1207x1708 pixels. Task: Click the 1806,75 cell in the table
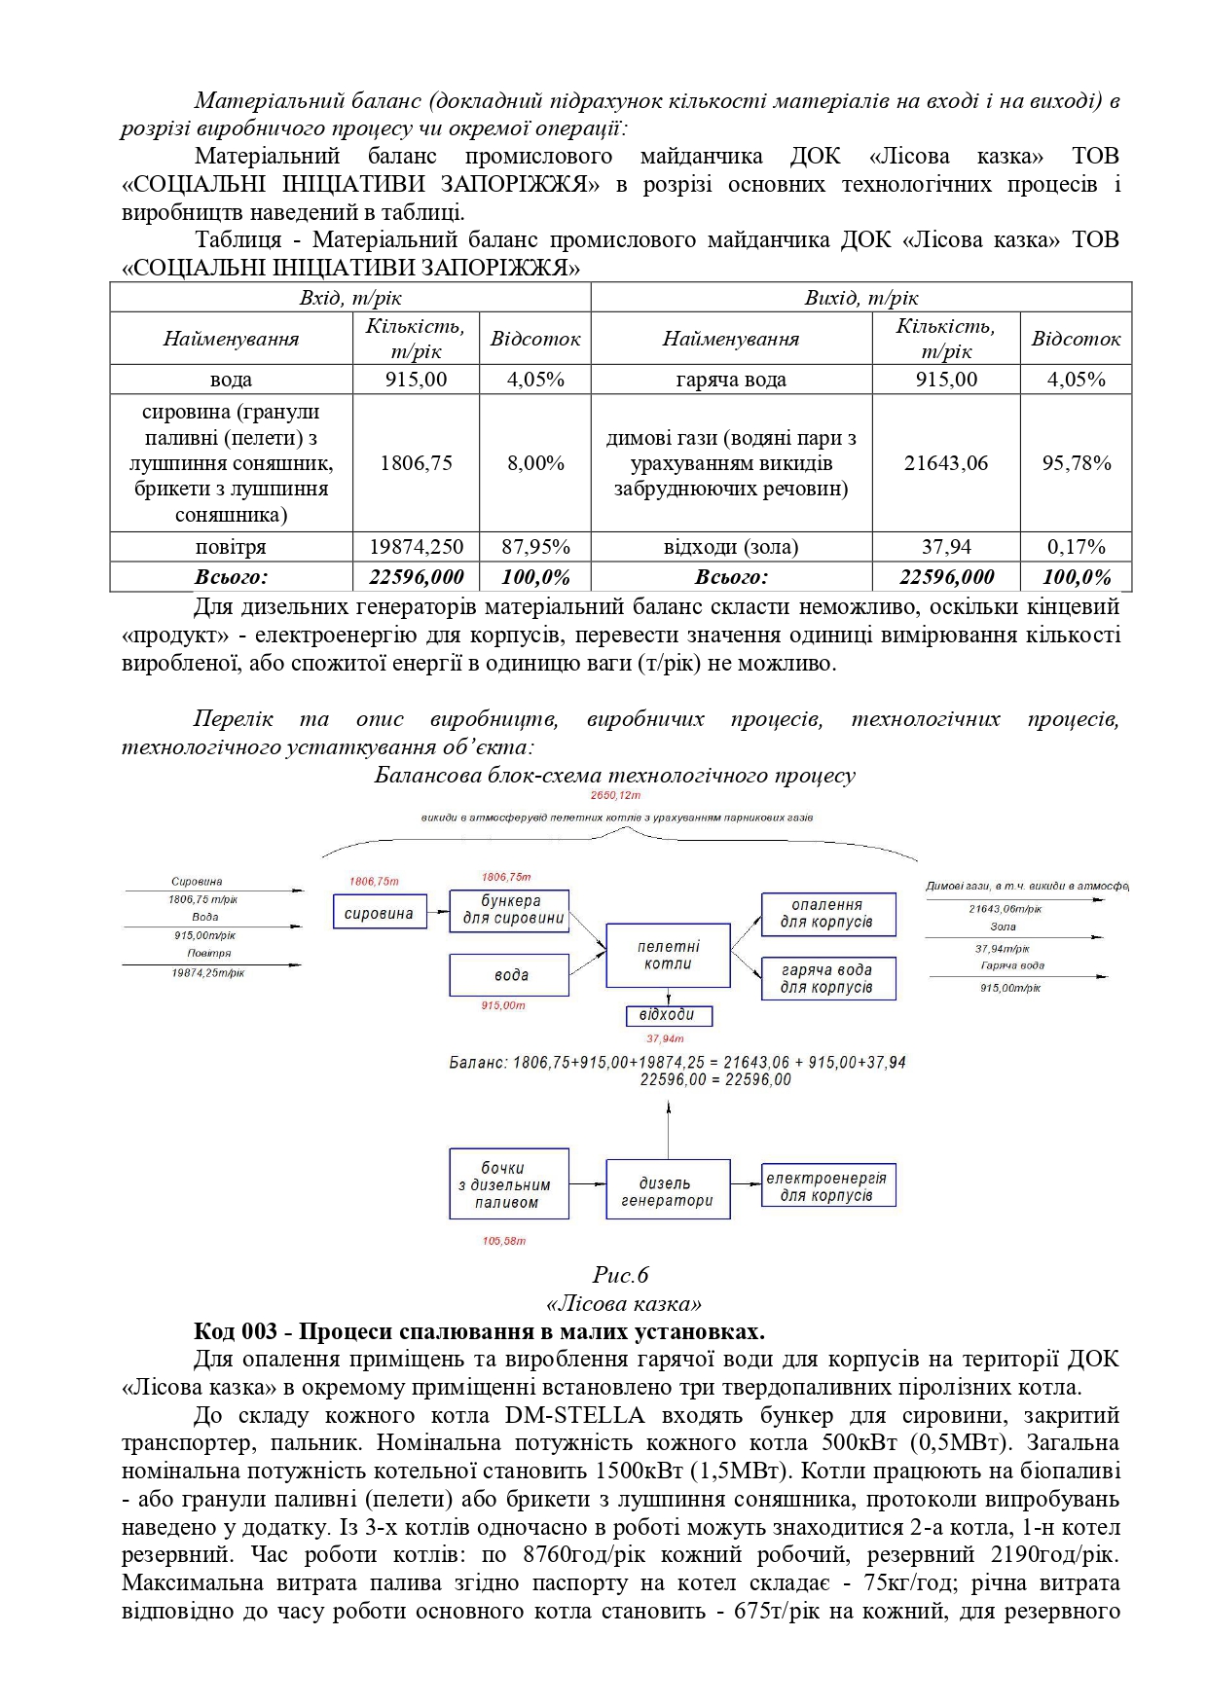(416, 463)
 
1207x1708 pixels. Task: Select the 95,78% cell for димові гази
(1076, 463)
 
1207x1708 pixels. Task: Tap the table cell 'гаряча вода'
(730, 380)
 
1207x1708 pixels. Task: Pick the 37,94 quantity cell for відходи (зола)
(945, 547)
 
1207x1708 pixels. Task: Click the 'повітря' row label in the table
(231, 547)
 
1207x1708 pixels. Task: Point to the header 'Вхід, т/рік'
(349, 298)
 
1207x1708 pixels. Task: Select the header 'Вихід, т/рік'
(860, 298)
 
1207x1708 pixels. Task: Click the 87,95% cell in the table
(535, 547)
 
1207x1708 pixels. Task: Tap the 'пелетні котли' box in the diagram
(668, 956)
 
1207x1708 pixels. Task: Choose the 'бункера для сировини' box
(509, 910)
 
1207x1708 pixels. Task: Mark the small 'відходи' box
(668, 1015)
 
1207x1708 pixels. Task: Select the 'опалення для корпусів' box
(827, 914)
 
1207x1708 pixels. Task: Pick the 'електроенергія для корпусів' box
(827, 1186)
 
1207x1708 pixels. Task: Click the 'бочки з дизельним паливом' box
(508, 1184)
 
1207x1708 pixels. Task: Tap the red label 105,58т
(504, 1241)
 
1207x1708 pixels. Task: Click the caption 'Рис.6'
(621, 1275)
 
